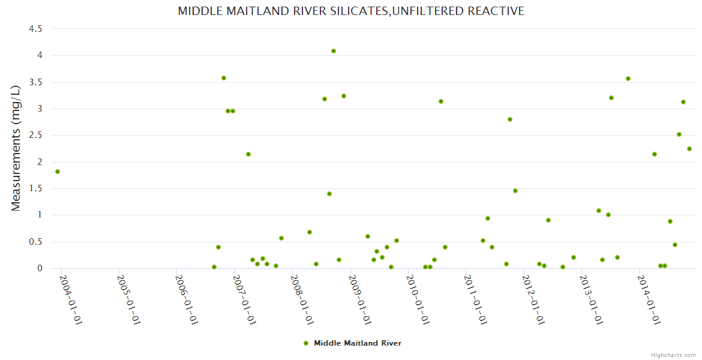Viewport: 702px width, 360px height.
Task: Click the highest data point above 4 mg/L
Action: [334, 51]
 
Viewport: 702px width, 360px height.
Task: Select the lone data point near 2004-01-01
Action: [58, 172]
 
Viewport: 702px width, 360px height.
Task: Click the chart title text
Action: [351, 11]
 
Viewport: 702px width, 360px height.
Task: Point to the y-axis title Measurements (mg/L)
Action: [16, 148]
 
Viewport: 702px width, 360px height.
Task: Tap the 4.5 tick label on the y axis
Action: [35, 29]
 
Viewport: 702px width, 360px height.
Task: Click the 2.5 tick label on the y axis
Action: [35, 135]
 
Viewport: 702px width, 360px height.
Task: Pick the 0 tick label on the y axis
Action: [40, 268]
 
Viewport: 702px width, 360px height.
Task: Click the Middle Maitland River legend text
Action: [358, 343]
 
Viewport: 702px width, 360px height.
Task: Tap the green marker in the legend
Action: [306, 343]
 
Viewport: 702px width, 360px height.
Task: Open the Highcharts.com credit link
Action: [673, 355]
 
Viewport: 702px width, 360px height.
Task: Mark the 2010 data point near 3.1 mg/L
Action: [441, 101]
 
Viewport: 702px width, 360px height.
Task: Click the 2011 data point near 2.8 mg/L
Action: [510, 119]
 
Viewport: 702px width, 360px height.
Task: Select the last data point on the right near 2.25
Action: [689, 149]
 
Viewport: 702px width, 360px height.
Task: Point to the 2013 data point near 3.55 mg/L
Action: [628, 79]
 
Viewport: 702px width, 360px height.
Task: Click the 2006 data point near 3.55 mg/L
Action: [224, 78]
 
